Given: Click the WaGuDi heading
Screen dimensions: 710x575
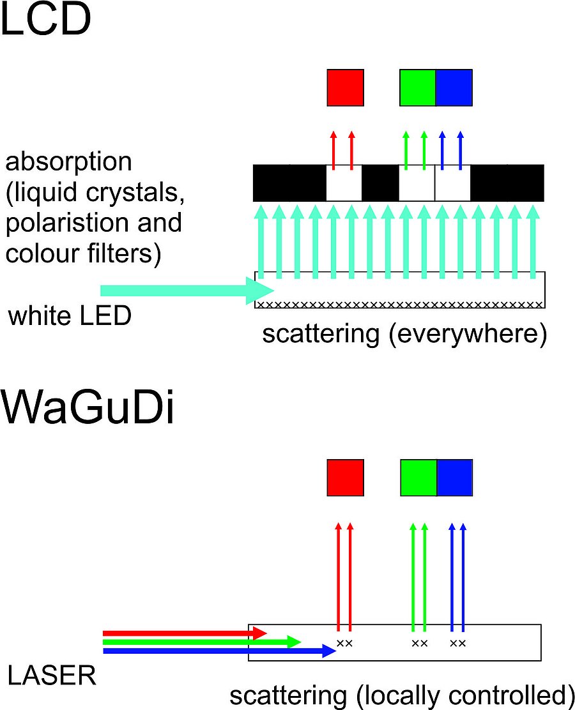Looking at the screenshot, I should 88,409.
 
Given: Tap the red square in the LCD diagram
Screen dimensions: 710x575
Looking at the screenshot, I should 345,87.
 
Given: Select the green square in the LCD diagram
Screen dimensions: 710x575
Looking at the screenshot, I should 417,87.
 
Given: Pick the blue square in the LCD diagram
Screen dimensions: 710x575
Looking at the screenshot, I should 454,87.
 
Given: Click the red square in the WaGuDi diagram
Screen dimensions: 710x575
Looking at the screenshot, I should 345,478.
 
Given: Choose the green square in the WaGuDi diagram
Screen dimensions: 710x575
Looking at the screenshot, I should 418,478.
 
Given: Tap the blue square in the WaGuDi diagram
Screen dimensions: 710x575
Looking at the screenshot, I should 454,478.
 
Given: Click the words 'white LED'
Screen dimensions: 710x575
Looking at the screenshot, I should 70,315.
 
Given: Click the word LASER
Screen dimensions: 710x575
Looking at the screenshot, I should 52,676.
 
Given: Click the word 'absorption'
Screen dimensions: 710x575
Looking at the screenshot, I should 68,162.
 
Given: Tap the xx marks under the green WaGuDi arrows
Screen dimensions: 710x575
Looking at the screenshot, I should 419,643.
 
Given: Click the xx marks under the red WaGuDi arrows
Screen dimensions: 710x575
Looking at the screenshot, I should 344,643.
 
